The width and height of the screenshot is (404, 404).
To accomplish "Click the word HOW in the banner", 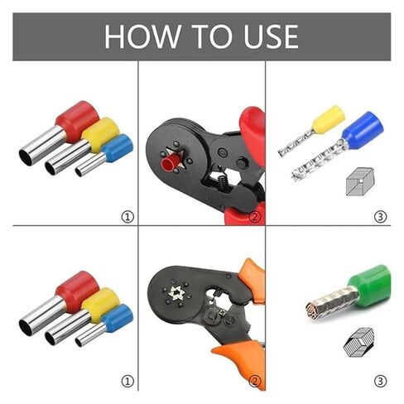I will pyautogui.click(x=139, y=36).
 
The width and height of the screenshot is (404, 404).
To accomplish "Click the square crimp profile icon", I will pyautogui.click(x=359, y=180).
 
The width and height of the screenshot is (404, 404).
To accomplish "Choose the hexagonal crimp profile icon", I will pyautogui.click(x=358, y=342).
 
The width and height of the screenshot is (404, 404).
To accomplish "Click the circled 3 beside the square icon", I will pyautogui.click(x=380, y=217).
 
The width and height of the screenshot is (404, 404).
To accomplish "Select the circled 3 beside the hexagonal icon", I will pyautogui.click(x=380, y=381).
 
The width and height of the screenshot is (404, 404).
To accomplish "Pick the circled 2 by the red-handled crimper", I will pyautogui.click(x=255, y=217).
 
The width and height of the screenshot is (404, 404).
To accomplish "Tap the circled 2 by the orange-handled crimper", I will pyautogui.click(x=255, y=381).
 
